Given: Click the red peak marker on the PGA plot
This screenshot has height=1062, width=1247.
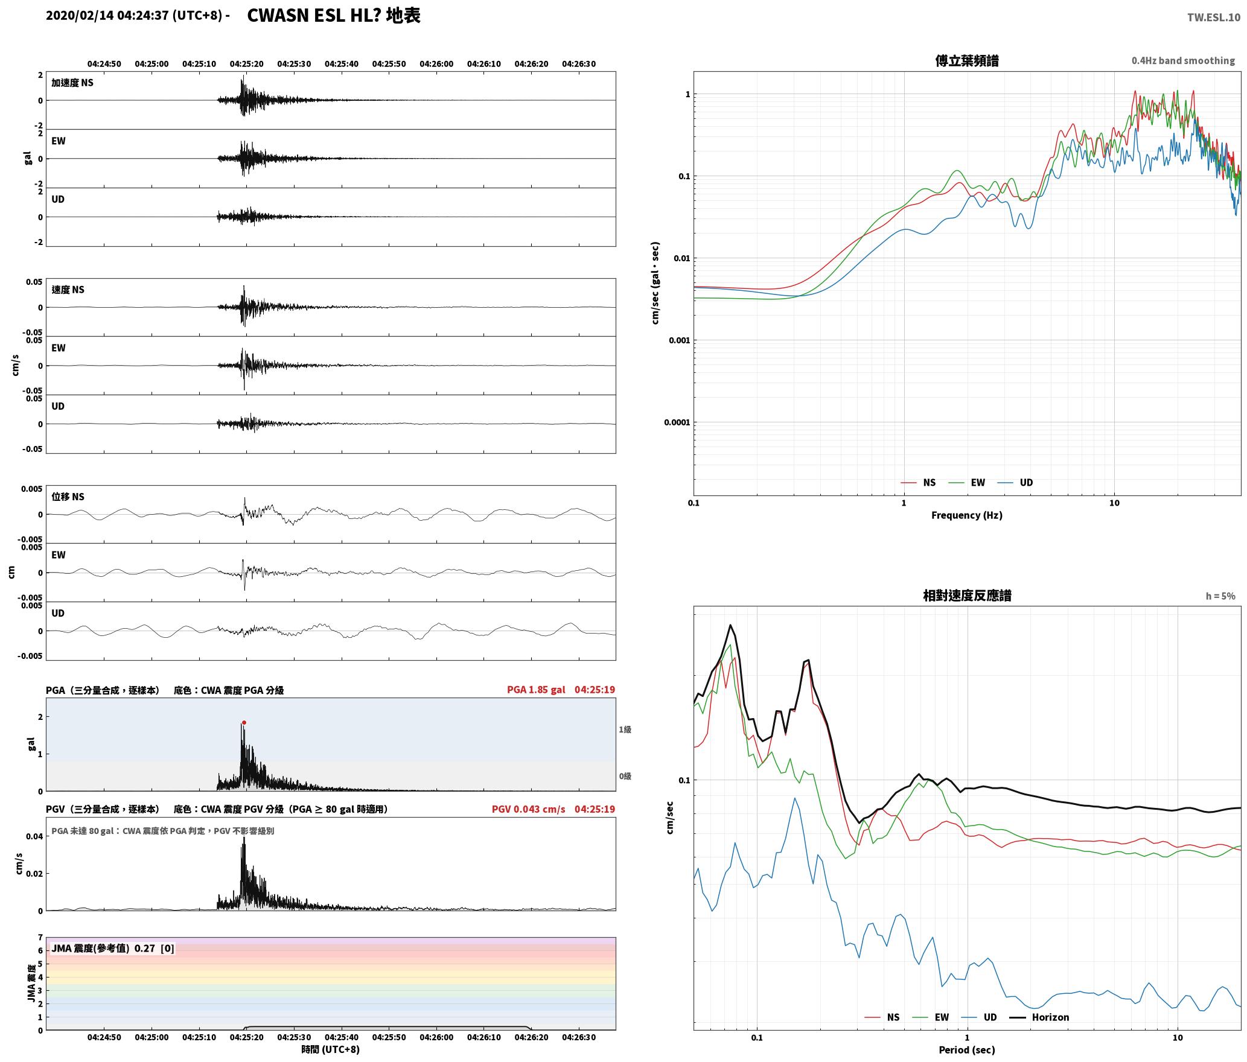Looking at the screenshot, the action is pos(244,722).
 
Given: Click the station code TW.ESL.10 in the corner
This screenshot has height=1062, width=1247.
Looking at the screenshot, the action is pos(1214,17).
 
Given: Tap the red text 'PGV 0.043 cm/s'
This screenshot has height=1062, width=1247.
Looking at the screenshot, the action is pos(528,809).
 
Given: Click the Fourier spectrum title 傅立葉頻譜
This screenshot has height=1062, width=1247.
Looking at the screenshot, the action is pos(966,60).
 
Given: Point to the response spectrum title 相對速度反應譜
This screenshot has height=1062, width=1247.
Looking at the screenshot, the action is pos(967,596).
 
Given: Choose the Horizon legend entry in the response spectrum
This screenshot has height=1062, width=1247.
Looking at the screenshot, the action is pos(1039,1017).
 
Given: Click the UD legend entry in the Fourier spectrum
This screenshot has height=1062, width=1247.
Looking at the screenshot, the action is pos(1015,483).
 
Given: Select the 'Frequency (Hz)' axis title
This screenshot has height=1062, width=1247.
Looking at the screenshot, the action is pos(966,515).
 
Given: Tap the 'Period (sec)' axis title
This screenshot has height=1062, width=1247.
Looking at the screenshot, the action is pos(966,1050).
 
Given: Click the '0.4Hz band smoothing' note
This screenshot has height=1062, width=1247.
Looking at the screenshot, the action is pos(1183,61).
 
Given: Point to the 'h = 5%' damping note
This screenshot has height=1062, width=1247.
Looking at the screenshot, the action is pos(1220,596).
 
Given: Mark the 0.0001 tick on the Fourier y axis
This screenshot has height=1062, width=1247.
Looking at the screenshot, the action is pos(677,422).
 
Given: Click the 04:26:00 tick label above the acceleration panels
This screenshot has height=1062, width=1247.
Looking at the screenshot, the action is pos(436,64).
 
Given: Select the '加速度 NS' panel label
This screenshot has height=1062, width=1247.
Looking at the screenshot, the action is pos(72,83).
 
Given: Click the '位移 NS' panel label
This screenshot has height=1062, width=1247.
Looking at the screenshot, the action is pos(68,497).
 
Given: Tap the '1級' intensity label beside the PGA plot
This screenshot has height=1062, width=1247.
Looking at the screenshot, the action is pos(625,730).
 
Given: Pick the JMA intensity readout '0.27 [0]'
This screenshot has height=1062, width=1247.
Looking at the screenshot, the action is pos(154,949).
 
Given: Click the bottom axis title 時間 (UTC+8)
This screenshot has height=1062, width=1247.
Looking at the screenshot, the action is pos(331,1049).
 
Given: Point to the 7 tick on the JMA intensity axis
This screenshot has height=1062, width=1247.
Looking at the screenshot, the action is pos(40,938).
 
